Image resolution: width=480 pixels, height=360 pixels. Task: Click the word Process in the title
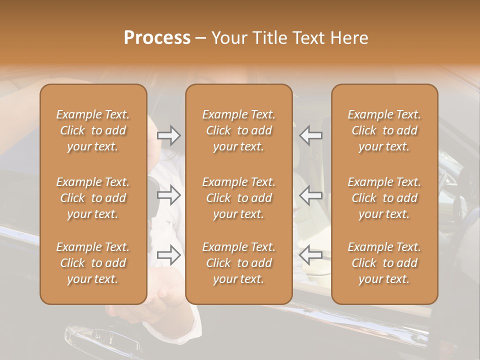point(157,38)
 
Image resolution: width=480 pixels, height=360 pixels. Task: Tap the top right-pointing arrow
point(169,135)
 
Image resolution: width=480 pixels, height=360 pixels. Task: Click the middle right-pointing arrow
point(169,195)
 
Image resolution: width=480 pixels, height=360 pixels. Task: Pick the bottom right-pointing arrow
point(169,254)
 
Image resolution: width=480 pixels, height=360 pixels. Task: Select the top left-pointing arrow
point(311,135)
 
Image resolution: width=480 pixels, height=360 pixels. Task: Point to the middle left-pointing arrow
point(311,195)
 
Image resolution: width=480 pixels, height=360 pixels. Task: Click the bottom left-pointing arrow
point(311,254)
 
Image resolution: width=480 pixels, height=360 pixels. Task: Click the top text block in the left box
point(93,130)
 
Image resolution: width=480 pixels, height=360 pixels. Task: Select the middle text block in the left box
point(93,198)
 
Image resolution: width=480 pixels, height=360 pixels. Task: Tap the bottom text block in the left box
point(93,263)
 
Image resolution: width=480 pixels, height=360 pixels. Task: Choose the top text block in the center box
point(239,130)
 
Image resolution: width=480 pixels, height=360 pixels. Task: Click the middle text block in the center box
point(239,198)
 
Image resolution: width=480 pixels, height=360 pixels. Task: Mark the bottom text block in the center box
point(239,263)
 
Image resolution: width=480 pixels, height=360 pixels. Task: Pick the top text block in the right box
point(384,130)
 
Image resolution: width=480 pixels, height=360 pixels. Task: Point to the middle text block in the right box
point(384,198)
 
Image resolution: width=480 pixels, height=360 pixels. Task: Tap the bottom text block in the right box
point(384,263)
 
